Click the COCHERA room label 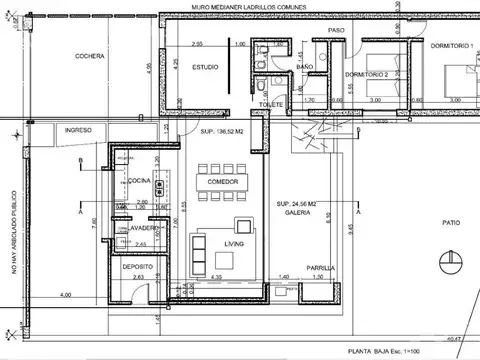coord(89,56)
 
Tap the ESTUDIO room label coord(205,67)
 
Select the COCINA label coord(138,180)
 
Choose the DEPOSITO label coord(138,267)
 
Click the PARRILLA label coord(320,267)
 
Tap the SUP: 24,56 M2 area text coord(297,203)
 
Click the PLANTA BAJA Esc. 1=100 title coord(408,352)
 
